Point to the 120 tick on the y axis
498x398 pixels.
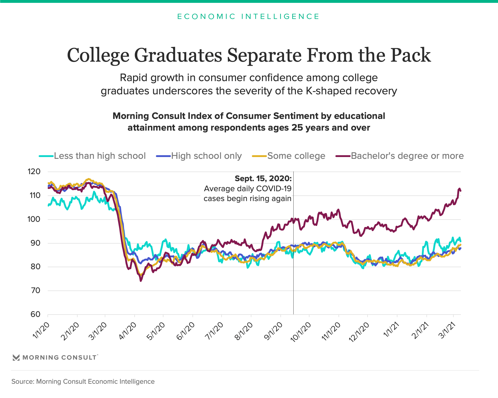tap(34, 172)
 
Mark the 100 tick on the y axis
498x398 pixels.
tap(34, 219)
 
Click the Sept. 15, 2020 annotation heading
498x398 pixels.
tap(263, 179)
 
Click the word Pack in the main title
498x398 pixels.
tap(411, 55)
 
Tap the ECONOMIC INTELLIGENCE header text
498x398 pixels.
tap(248, 17)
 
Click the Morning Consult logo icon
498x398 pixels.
tap(16, 358)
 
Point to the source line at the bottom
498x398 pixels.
tap(83, 381)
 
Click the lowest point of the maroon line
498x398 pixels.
tap(141, 281)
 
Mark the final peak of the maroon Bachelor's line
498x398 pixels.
tap(459, 189)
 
